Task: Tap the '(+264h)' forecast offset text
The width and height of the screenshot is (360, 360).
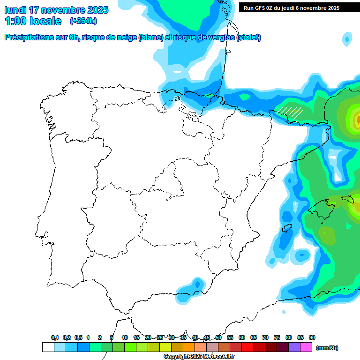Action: pos(83,21)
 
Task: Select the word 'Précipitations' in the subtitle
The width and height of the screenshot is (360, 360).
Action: pos(30,37)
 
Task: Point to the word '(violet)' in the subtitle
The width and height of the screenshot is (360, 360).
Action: pos(249,37)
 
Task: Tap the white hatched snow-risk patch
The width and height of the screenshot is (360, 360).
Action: pos(289,112)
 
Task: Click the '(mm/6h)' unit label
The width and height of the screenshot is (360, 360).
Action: pos(327,348)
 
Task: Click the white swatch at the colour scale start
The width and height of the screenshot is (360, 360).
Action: pos(48,347)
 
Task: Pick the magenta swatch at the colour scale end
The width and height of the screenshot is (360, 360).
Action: pos(306,347)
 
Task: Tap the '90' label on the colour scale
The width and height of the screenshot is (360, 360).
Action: pos(312,337)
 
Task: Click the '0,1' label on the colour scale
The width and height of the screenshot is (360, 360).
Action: pos(55,337)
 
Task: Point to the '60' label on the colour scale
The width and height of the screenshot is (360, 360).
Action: pos(242,337)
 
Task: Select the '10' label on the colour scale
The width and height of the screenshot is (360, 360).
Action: pos(125,337)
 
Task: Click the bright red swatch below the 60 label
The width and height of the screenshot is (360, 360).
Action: pos(247,347)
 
